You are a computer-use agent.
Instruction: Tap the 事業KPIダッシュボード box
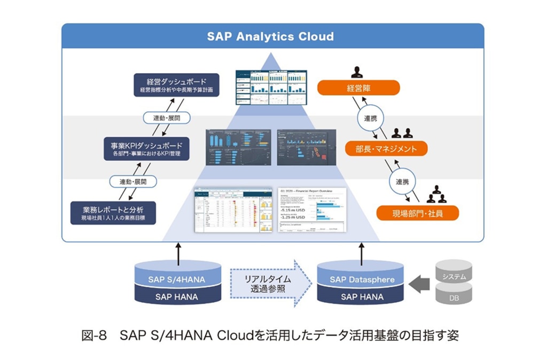[146, 148]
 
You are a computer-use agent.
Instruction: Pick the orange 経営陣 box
[358, 88]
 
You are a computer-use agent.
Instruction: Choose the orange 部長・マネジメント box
[387, 148]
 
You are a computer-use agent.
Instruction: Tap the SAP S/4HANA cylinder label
[176, 279]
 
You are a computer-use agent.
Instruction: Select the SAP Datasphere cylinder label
[362, 279]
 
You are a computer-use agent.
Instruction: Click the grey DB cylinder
[454, 295]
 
